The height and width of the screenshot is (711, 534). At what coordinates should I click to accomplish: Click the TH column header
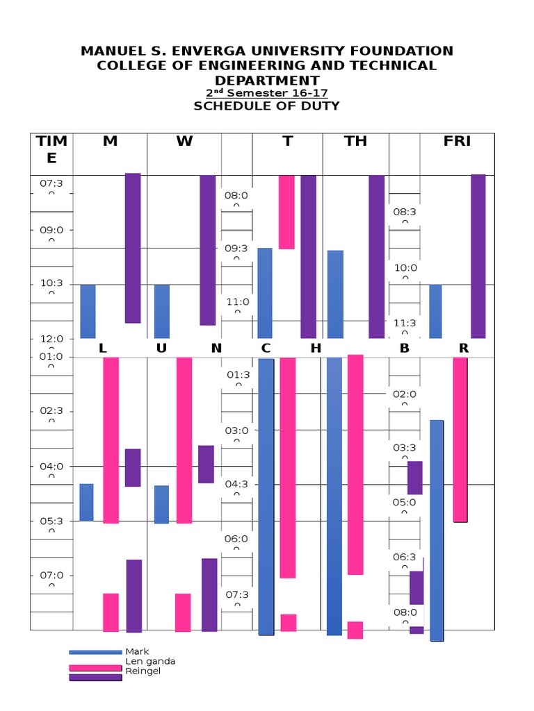tap(355, 142)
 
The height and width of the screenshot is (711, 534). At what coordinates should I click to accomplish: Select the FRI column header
tap(457, 142)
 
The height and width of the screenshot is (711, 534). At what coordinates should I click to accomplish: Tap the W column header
tap(184, 142)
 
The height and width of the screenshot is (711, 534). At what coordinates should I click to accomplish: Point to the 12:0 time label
tap(51, 339)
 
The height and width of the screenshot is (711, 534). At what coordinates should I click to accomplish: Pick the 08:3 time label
tap(405, 212)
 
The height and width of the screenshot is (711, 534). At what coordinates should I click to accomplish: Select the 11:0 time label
tap(237, 302)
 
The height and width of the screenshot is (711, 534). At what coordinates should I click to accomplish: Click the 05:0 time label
tap(405, 502)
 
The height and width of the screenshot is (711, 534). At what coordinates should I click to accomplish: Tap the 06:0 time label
tap(237, 539)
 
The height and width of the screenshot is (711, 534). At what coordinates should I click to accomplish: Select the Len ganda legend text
tap(149, 662)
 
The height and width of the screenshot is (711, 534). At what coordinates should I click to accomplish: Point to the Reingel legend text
tap(143, 671)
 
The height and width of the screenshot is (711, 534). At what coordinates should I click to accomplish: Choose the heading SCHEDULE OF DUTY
tap(266, 106)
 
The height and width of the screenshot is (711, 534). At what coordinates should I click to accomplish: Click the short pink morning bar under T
tap(286, 212)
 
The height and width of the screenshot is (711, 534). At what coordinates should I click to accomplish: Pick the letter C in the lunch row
tap(266, 349)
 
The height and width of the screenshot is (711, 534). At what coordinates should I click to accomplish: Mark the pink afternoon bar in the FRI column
tap(460, 439)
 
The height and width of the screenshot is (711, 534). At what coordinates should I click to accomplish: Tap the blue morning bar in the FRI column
tap(435, 311)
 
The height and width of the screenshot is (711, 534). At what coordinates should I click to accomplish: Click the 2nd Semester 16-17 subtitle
tap(266, 93)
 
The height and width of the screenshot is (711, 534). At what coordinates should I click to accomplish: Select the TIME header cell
tap(52, 149)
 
